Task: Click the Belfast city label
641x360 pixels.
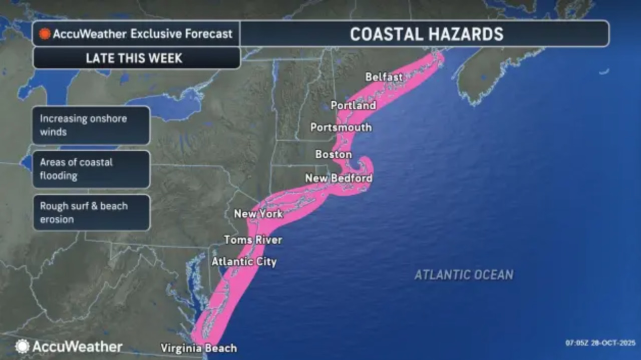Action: pos(384,77)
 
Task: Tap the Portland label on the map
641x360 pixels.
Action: pos(353,106)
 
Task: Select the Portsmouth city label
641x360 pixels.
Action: pos(341,127)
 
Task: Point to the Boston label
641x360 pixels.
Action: pos(334,155)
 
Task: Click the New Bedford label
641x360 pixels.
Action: pos(339,178)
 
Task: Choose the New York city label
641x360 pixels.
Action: pos(258,214)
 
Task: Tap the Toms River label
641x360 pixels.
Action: pos(253,240)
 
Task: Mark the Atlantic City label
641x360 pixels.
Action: pos(244,261)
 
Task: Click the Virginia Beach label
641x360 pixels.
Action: pos(199,348)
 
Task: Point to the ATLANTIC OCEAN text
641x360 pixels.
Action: pos(464,274)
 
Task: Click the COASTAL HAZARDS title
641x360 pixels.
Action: pos(427,34)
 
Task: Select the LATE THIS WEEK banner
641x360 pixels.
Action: pos(134,58)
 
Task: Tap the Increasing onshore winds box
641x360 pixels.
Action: pos(92,125)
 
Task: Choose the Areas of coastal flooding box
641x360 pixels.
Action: pos(92,169)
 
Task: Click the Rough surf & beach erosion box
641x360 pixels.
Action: pos(92,213)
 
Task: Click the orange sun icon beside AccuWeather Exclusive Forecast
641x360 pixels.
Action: pos(45,34)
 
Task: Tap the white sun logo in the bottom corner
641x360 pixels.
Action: pos(22,346)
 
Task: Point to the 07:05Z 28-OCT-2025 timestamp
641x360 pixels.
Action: pos(600,343)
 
